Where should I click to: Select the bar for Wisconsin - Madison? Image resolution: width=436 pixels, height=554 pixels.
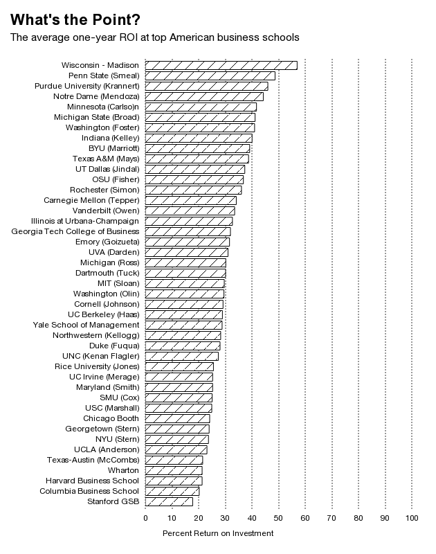click(x=221, y=65)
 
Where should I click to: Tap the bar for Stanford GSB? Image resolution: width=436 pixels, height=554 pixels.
click(x=169, y=501)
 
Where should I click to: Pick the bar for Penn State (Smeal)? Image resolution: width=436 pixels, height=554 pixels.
click(x=210, y=75)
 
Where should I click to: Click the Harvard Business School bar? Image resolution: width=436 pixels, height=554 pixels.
click(x=174, y=481)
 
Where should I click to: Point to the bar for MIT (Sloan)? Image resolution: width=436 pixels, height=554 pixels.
click(x=185, y=283)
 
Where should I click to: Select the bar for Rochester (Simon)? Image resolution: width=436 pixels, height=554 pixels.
click(x=193, y=190)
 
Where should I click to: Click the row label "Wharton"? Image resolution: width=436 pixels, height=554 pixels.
click(x=123, y=470)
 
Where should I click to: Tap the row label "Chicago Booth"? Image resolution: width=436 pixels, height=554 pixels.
click(x=111, y=418)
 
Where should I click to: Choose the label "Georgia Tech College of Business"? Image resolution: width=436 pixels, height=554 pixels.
click(x=75, y=231)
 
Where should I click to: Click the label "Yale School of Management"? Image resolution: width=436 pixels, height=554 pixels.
click(x=86, y=325)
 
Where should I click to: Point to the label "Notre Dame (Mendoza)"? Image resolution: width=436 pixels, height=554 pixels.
click(x=96, y=96)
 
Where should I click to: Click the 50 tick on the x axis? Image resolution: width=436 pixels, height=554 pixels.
click(x=278, y=518)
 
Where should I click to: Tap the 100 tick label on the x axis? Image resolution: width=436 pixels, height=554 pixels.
click(x=412, y=518)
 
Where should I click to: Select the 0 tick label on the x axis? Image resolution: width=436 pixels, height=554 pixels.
click(x=145, y=518)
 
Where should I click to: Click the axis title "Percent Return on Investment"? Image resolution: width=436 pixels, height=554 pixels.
click(x=218, y=533)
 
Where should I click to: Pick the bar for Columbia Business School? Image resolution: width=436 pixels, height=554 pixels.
click(x=172, y=491)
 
